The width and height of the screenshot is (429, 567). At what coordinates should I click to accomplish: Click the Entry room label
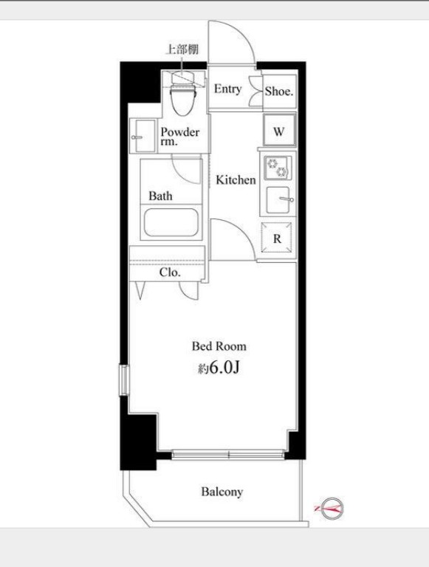[x=227, y=89]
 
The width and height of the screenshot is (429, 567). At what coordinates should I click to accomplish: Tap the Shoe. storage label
[x=279, y=91]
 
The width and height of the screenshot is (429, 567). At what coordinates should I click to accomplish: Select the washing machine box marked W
[x=279, y=130]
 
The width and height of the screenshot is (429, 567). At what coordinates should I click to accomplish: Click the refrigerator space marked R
[x=277, y=238]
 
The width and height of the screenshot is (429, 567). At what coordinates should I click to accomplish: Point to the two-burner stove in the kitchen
[x=278, y=168]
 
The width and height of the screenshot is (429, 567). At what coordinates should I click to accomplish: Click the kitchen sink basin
[x=278, y=199]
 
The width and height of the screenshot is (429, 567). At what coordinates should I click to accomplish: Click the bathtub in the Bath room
[x=171, y=222]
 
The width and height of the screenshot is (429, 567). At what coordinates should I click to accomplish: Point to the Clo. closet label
[x=170, y=272]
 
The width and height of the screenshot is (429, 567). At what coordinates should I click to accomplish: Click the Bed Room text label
[x=219, y=346]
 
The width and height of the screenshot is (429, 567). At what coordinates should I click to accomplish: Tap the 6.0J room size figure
[x=224, y=368]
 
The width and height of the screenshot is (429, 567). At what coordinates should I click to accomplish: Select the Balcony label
[x=222, y=492]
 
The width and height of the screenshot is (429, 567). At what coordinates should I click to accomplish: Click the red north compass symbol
[x=331, y=508]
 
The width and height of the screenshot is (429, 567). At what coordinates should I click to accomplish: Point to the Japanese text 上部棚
[x=182, y=49]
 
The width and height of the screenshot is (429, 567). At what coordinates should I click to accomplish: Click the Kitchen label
[x=236, y=179]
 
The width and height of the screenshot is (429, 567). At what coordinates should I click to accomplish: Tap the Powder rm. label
[x=179, y=136]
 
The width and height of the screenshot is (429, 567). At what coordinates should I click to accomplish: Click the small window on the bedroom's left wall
[x=124, y=380]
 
